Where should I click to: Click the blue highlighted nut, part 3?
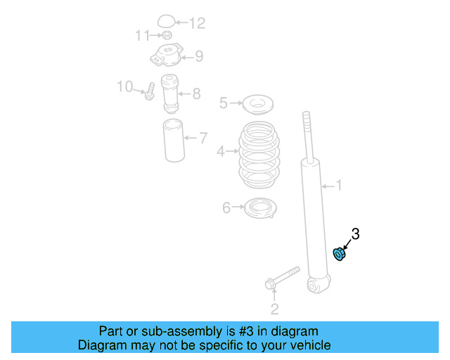click(339, 253)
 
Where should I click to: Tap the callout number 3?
click(355, 234)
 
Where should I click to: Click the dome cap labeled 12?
click(167, 21)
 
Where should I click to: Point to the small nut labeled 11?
click(167, 35)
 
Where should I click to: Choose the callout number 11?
click(142, 35)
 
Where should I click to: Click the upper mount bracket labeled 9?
click(166, 54)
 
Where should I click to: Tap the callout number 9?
click(199, 56)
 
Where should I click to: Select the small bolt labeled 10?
click(150, 92)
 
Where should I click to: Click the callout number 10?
click(125, 86)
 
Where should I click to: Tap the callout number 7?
click(203, 138)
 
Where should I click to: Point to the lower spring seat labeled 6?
click(259, 208)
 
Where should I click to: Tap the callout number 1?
click(338, 186)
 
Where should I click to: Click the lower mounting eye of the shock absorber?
click(317, 285)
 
